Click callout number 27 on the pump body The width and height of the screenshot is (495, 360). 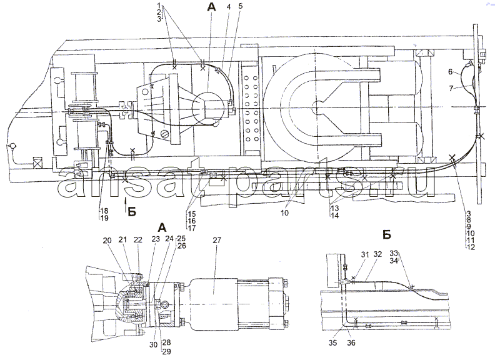pos(217,241)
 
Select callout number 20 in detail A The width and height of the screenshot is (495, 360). pos(107,241)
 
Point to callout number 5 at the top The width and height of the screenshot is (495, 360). pos(240,6)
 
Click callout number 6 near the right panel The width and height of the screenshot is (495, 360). pos(451,72)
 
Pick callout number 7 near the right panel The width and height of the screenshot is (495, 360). pos(451,88)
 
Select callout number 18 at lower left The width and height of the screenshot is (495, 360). pos(104,211)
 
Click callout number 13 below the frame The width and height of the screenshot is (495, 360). pos(335,208)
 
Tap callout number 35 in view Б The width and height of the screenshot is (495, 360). pos(332,342)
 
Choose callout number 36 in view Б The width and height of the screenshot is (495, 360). pos(351,342)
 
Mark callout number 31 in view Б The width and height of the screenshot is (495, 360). pos(365,254)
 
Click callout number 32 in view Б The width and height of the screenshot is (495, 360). pos(377,254)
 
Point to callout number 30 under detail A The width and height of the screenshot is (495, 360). pos(153,344)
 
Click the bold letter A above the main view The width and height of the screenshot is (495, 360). pos(211,7)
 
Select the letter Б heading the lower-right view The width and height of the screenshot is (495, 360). pos(387,234)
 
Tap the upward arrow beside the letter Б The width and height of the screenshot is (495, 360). pos(126,204)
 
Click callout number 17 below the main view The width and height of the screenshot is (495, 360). pos(192,228)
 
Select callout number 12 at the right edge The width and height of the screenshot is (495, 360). pos(471,247)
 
